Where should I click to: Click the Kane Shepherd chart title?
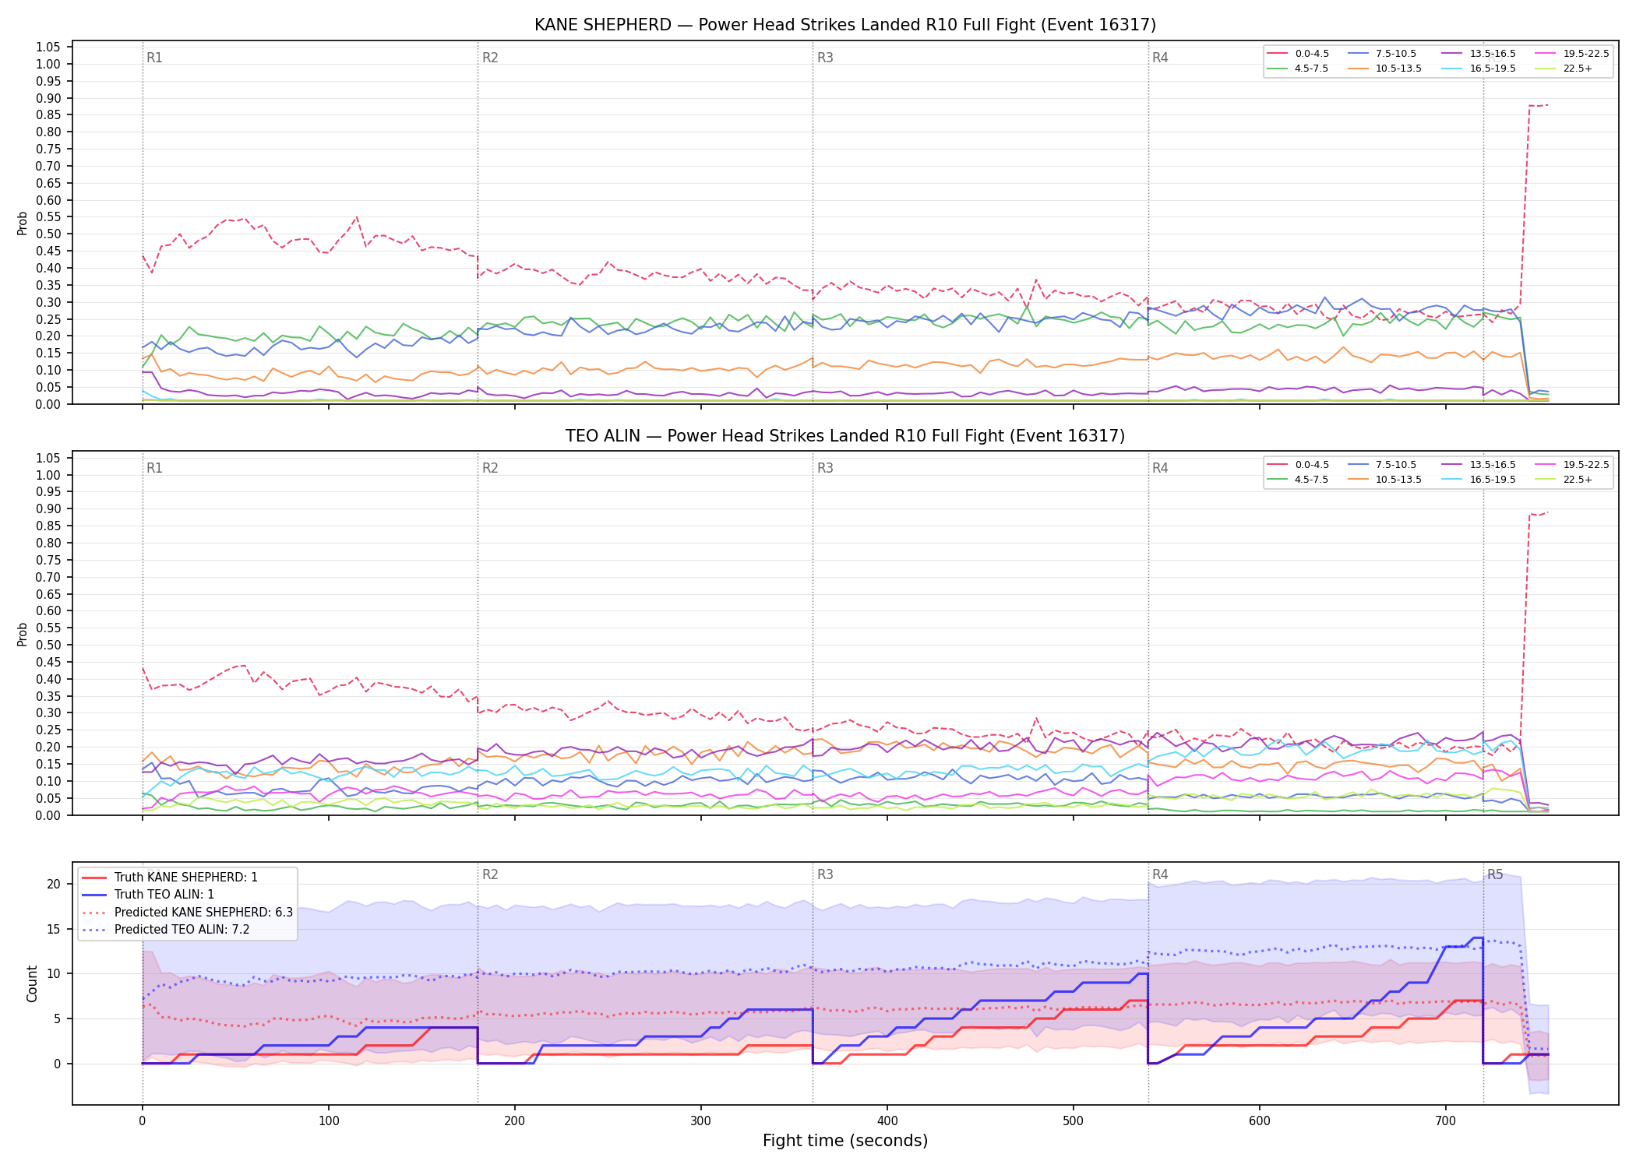(845, 25)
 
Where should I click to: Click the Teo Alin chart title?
(845, 436)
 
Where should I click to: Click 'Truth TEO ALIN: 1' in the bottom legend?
(164, 895)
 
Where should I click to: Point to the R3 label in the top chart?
(825, 58)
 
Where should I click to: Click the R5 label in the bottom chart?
(1495, 874)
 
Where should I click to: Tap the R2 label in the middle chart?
(490, 468)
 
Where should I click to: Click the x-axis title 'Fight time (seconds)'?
(845, 1141)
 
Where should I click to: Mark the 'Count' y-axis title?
(32, 983)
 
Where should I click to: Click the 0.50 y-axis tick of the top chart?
(48, 234)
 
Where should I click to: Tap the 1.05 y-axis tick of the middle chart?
(48, 458)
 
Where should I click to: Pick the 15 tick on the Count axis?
(54, 929)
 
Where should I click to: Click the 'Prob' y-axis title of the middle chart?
(23, 634)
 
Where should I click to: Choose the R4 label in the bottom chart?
(1160, 874)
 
